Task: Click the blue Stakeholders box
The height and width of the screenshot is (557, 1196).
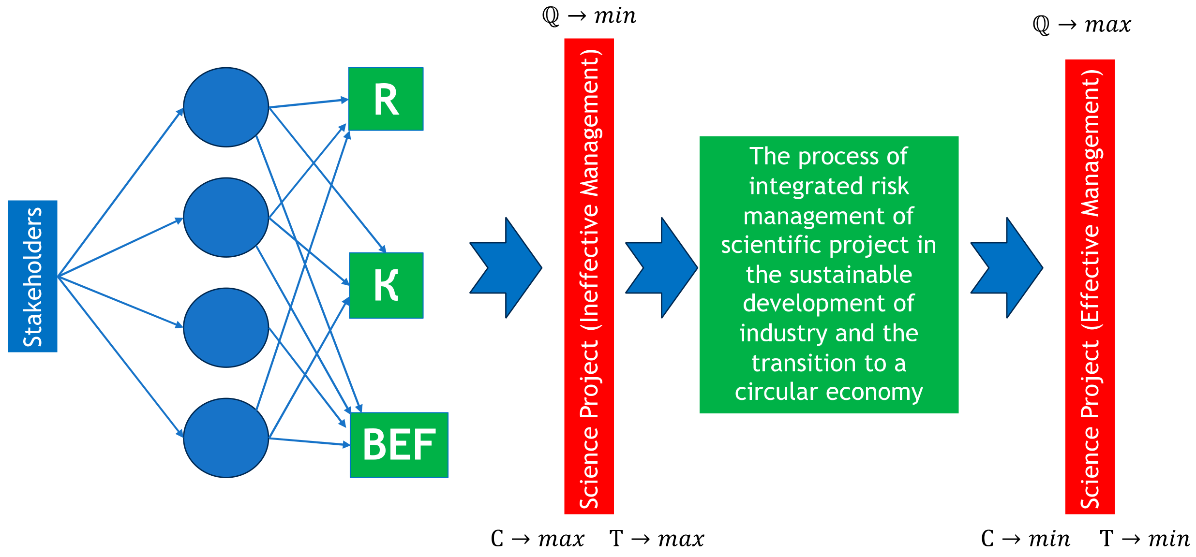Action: coord(32,276)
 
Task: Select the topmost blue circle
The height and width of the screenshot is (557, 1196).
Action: coord(226,107)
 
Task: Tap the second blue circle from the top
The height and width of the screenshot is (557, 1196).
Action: coord(226,217)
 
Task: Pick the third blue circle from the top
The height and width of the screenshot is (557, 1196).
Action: coord(226,327)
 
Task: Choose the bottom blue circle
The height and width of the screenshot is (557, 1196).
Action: coord(226,438)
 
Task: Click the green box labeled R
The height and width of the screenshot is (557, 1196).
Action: coord(386,99)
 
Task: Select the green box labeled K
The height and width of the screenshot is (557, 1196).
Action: coord(386,285)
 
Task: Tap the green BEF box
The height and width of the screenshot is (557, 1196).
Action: coord(399,445)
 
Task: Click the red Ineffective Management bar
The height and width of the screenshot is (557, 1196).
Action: coord(589,276)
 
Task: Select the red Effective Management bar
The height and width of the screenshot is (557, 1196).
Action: coord(1090,286)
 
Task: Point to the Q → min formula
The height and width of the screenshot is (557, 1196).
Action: coord(589,16)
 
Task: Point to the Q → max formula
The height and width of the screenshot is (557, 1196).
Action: coord(1082,25)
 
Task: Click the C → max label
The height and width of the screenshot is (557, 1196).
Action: coord(537,539)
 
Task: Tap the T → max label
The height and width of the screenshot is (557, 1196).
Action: coord(657,539)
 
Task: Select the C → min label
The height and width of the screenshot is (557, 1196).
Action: coord(1025,539)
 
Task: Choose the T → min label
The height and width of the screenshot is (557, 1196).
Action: coord(1144,539)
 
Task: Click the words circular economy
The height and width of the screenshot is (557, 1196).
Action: coord(828,392)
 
